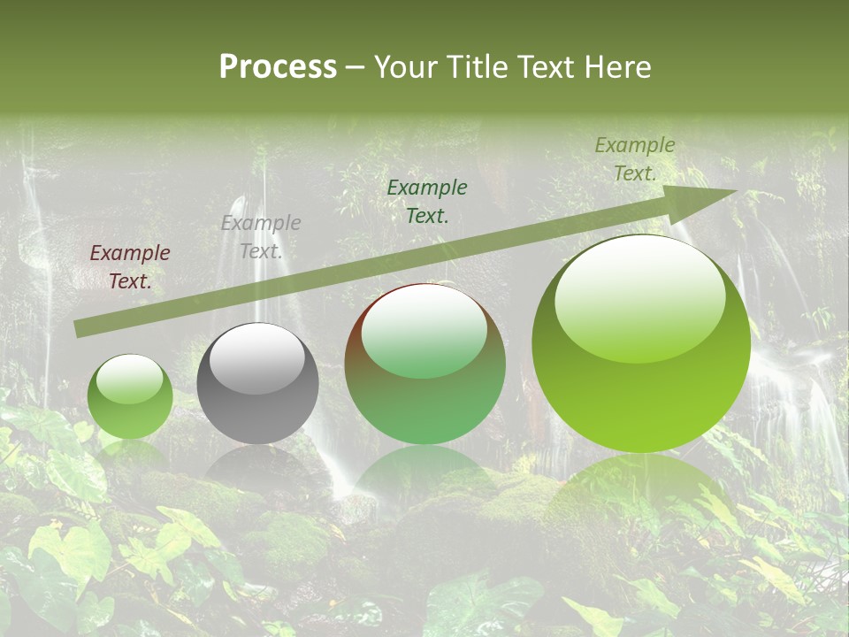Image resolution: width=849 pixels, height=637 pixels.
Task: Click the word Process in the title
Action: tap(278, 67)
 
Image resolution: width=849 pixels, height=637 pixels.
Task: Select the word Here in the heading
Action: tap(616, 67)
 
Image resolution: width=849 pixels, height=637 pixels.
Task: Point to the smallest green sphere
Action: tap(130, 398)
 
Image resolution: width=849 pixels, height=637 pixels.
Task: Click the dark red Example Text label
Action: tap(130, 267)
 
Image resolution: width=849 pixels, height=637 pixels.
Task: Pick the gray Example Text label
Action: tap(261, 237)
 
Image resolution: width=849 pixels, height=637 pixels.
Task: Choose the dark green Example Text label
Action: tap(427, 201)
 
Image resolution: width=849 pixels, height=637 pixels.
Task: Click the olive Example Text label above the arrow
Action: tap(635, 159)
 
